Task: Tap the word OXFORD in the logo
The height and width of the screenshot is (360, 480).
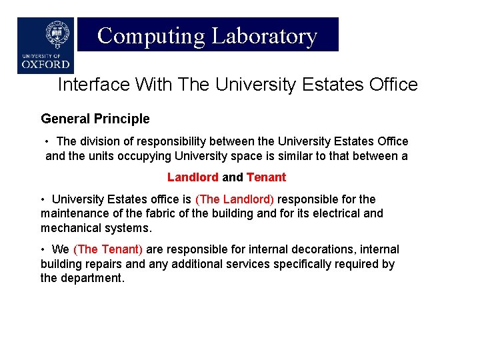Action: (45, 65)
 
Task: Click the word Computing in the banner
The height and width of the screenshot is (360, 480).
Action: (151, 35)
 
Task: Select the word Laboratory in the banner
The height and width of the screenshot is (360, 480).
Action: (264, 35)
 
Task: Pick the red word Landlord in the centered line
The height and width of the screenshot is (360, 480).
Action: (193, 177)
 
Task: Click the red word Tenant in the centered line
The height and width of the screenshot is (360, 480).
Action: (266, 177)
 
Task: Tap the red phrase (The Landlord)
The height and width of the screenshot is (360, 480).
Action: (234, 199)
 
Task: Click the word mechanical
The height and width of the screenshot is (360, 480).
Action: (68, 228)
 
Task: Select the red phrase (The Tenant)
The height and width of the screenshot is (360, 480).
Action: (108, 249)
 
